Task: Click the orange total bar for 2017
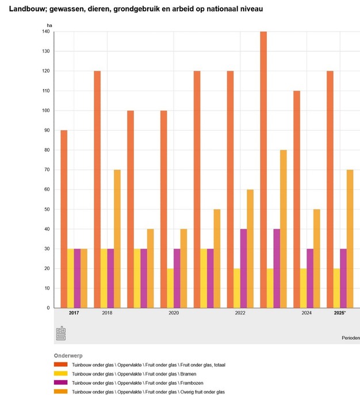(64, 219)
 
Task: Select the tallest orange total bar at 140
(263, 170)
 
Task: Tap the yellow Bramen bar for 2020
(170, 288)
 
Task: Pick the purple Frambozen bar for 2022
(243, 268)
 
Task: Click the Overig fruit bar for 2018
(117, 238)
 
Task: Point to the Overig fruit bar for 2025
(350, 238)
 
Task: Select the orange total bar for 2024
(297, 199)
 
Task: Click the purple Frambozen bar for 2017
(77, 278)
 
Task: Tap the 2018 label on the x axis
(107, 313)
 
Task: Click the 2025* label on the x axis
(340, 313)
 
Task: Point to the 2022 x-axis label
(240, 313)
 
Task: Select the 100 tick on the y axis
(46, 111)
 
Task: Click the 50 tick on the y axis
(47, 209)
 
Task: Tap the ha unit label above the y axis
(49, 26)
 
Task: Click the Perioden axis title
(348, 338)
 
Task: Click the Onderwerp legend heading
(69, 355)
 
